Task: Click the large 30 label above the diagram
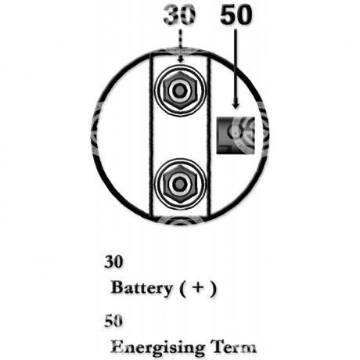pyautogui.click(x=179, y=15)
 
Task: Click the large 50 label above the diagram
pyautogui.click(x=236, y=15)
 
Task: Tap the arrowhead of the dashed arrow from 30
pyautogui.click(x=180, y=59)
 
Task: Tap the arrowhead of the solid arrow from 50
pyautogui.click(x=236, y=105)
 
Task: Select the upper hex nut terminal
pyautogui.click(x=179, y=91)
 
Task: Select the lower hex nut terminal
pyautogui.click(x=179, y=184)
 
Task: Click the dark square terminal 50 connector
pyautogui.click(x=236, y=135)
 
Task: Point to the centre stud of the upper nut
pyautogui.click(x=179, y=91)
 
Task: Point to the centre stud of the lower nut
pyautogui.click(x=179, y=184)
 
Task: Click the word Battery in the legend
pyautogui.click(x=142, y=288)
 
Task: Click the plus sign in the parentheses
pyautogui.click(x=198, y=287)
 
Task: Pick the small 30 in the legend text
pyautogui.click(x=113, y=261)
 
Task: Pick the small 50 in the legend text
pyautogui.click(x=113, y=321)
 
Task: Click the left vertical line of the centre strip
pyautogui.click(x=151, y=135)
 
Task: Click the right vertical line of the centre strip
pyautogui.click(x=208, y=135)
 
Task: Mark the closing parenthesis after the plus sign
pyautogui.click(x=213, y=289)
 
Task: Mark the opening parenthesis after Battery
pyautogui.click(x=183, y=289)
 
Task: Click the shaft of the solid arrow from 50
pyautogui.click(x=236, y=65)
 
